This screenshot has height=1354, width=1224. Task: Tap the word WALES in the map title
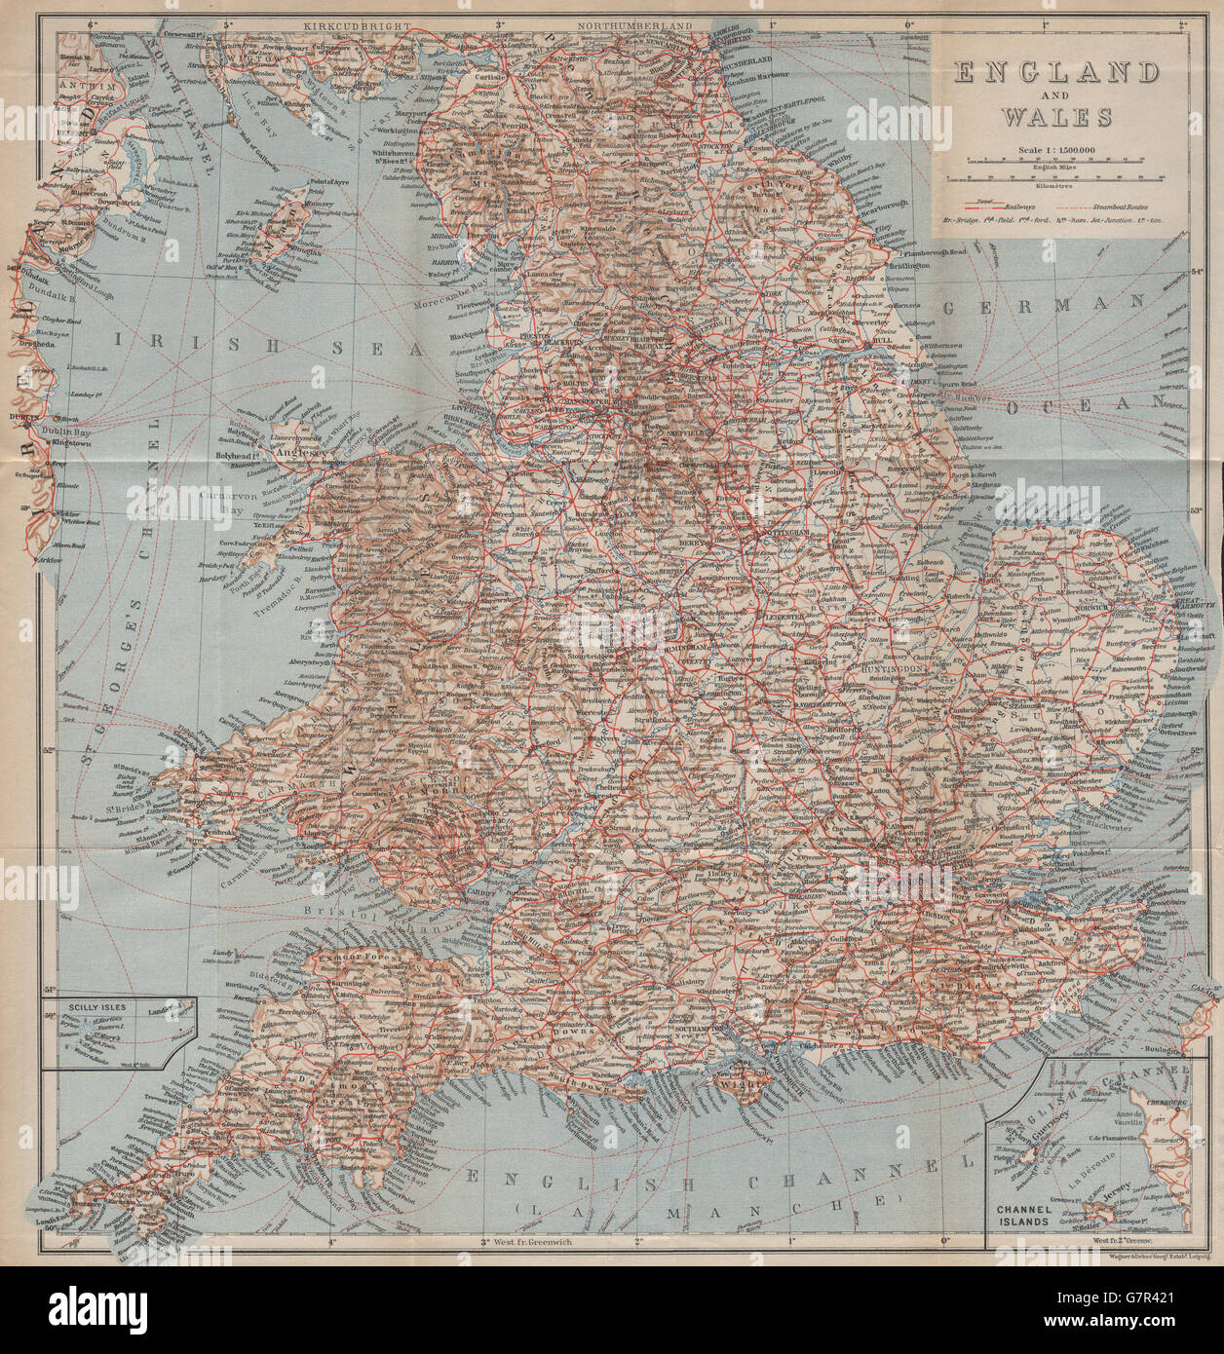click(x=1055, y=117)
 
